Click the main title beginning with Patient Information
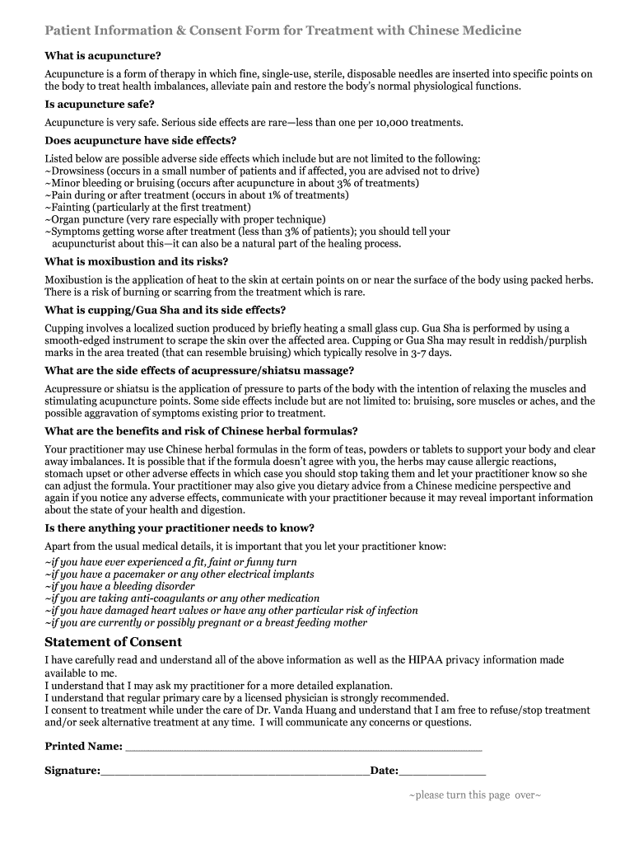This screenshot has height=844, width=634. coord(282,30)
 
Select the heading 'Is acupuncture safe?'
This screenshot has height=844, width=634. coord(100,105)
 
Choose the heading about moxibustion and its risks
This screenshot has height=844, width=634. coord(137,261)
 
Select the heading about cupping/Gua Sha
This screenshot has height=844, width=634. coord(165,310)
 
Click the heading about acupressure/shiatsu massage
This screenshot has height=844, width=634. coord(199,370)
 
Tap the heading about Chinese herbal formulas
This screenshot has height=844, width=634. coord(201,431)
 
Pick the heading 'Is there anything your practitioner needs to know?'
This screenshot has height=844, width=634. coord(179,527)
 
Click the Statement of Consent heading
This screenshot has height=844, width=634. coord(113,642)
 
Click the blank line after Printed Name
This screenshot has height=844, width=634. coord(302,748)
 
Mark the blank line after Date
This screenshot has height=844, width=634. coord(442,772)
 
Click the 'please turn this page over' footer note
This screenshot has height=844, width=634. coord(475,795)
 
